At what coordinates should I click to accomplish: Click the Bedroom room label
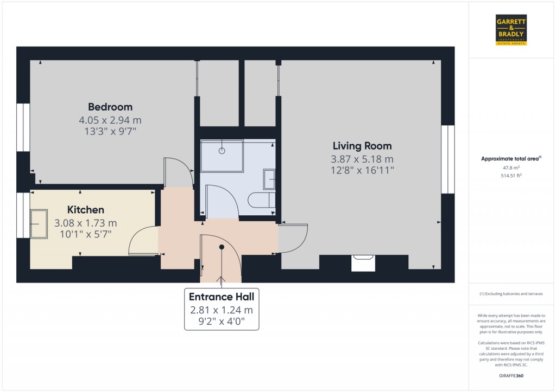click(110, 107)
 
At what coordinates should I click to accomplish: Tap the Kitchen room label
click(85, 210)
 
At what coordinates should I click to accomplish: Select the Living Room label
click(362, 146)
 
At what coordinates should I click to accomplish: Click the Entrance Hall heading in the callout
click(222, 297)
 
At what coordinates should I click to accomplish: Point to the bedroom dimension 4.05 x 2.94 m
click(110, 120)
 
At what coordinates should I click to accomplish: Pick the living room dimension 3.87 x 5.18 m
click(362, 159)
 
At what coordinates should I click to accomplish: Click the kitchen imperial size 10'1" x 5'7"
click(85, 234)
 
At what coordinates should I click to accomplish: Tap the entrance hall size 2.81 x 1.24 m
click(222, 310)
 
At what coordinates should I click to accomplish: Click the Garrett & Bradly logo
click(511, 30)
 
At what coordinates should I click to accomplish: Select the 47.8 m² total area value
click(511, 168)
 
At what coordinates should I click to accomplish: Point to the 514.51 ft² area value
click(511, 175)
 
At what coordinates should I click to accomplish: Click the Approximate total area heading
click(511, 159)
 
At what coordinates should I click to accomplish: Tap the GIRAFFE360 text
click(511, 376)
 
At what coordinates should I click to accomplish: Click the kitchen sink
click(39, 224)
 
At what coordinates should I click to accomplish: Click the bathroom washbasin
click(269, 179)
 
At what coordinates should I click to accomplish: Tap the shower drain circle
click(222, 151)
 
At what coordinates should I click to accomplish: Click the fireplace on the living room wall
click(363, 263)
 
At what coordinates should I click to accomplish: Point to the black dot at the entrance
click(222, 247)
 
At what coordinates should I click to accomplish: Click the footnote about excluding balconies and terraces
click(511, 294)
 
